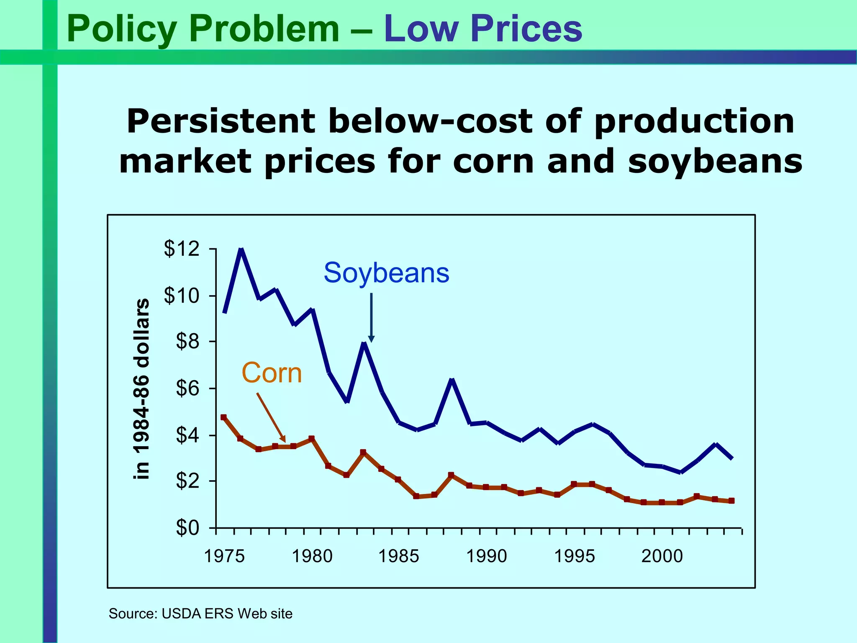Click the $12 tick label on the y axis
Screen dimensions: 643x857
(182, 249)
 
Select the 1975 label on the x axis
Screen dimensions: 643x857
(224, 556)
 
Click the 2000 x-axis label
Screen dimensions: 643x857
(662, 556)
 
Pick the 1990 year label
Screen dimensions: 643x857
(486, 556)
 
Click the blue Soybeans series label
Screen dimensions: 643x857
(386, 273)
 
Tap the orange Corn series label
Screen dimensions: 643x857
(272, 373)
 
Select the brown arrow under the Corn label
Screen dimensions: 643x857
(271, 417)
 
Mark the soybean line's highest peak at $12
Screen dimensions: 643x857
(241, 250)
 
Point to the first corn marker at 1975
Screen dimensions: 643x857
(223, 417)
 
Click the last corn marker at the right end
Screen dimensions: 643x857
(731, 501)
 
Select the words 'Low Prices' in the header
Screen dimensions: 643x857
(483, 28)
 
